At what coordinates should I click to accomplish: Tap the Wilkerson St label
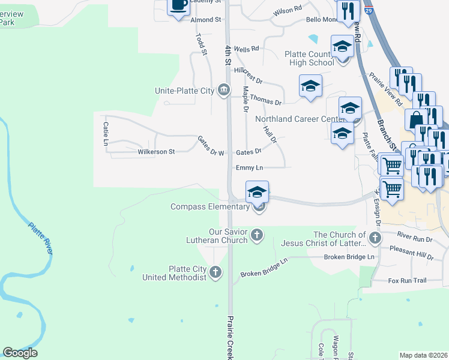click(x=156, y=152)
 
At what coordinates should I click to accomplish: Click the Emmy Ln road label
click(x=250, y=168)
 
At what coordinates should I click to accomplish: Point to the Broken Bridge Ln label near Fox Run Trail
click(x=349, y=257)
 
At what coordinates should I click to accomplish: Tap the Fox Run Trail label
click(x=407, y=280)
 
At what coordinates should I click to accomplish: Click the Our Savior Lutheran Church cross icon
click(x=257, y=235)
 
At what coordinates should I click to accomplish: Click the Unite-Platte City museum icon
click(x=224, y=91)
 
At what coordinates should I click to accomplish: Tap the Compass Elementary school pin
click(x=257, y=193)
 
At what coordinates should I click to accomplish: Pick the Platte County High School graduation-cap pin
click(x=343, y=46)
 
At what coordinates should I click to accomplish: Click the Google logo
click(x=20, y=353)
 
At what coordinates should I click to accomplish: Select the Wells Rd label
click(x=246, y=49)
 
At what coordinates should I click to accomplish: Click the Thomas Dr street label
click(x=265, y=99)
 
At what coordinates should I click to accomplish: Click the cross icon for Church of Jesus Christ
click(x=375, y=238)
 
